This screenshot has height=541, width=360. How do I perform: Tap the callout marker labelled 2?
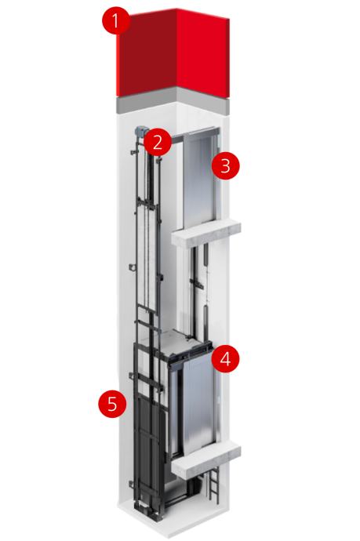point(158,142)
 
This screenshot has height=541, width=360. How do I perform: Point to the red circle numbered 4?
point(225,359)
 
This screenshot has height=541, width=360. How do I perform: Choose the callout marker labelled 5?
point(112,403)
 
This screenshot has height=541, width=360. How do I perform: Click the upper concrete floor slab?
point(206,233)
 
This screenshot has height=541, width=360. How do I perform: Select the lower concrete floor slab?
point(206,458)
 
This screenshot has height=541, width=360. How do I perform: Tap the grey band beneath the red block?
point(173,100)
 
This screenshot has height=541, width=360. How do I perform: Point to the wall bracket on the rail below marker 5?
point(132,485)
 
